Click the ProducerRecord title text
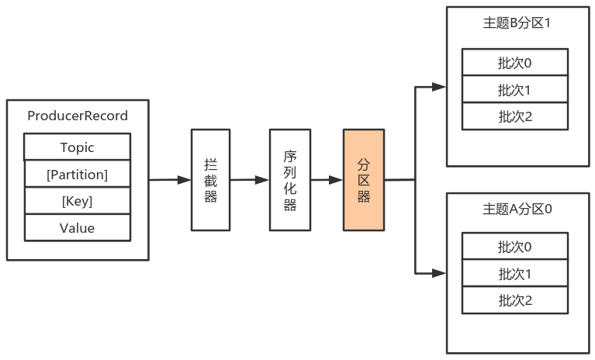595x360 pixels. coord(78,116)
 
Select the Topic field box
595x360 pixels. coord(78,147)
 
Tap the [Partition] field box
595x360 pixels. coord(78,174)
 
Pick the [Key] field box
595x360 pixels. coord(78,201)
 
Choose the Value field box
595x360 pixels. coord(78,227)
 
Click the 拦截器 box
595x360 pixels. coord(210,180)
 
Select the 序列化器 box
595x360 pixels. coord(290,180)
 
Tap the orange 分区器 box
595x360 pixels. coord(364,180)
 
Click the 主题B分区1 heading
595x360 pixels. coord(517,23)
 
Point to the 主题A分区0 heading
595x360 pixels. coord(517,209)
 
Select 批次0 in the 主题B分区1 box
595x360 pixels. coord(515,62)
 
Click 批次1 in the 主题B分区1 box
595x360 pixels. coord(515,89)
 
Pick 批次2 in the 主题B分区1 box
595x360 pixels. coord(515,116)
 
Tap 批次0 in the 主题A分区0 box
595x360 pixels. coord(515,246)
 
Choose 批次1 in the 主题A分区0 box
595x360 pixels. coord(515,273)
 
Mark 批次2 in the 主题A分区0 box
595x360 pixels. coord(515,300)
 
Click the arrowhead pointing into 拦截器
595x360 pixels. coord(185,180)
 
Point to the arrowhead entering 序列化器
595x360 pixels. coord(262,180)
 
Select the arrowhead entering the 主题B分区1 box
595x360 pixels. coord(439,87)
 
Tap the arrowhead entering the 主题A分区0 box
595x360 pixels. coord(439,273)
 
